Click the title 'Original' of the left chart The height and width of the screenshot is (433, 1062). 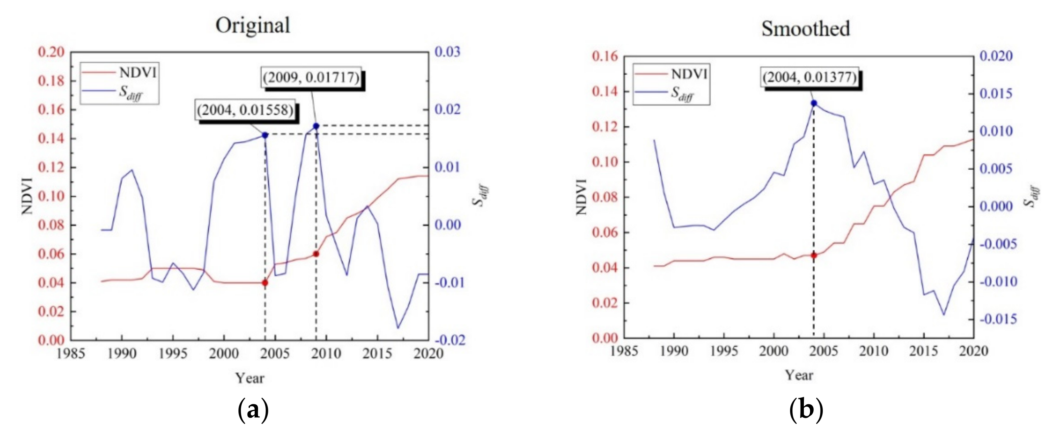253,26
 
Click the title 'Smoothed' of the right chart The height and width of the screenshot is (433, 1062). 805,29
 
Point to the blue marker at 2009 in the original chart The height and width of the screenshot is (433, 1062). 316,126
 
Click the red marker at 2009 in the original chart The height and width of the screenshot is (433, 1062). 316,254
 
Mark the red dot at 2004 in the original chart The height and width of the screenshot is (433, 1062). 265,283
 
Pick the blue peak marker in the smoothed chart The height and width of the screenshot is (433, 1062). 814,103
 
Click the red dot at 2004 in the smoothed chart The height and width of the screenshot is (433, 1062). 814,255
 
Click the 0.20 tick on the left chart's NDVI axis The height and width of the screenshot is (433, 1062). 51,52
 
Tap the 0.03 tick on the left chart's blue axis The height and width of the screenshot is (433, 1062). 447,52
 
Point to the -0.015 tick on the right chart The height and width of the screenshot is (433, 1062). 998,319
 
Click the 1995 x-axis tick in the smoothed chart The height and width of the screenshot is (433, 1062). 724,351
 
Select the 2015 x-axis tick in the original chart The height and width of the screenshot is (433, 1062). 377,354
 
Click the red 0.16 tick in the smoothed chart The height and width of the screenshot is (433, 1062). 605,56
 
